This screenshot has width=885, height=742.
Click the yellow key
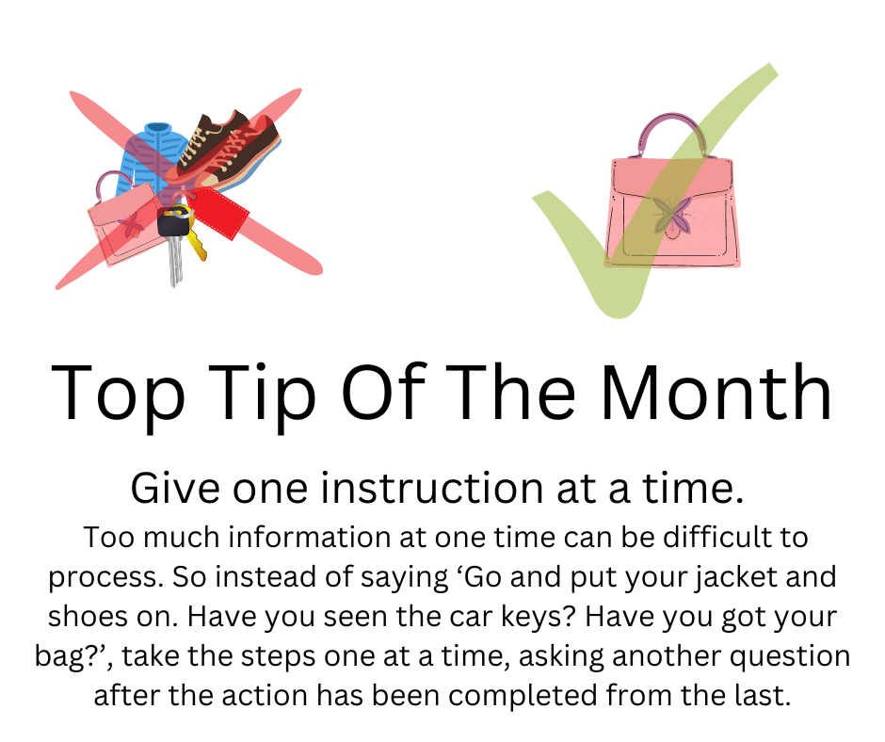[196, 243]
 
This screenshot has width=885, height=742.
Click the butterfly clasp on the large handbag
[672, 216]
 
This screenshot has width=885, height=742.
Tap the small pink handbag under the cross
[125, 219]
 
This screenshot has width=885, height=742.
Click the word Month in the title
[716, 393]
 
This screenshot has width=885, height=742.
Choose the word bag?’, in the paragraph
[73, 657]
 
